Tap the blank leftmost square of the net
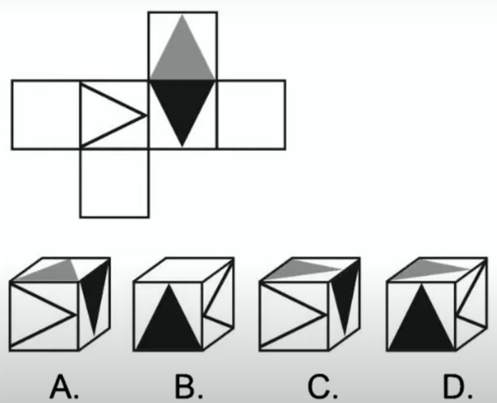[46, 115]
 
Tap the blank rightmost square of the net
[251, 115]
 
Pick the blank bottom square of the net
[114, 183]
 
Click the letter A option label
[64, 387]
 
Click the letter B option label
[189, 387]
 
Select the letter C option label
[323, 387]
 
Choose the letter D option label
[458, 387]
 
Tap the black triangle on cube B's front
[169, 324]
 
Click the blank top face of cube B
[184, 269]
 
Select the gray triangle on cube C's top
[301, 272]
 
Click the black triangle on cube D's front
[422, 324]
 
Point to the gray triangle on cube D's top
[428, 272]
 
